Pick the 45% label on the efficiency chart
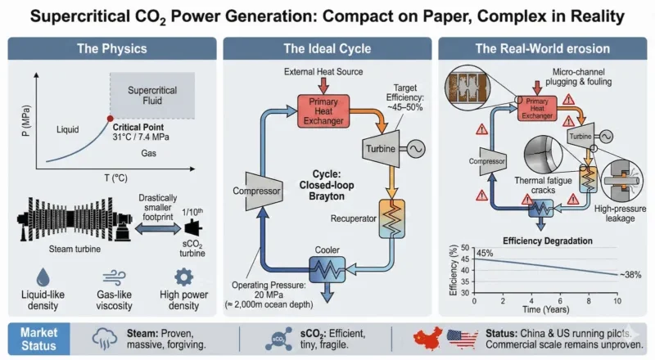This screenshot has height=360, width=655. pyautogui.click(x=486, y=253)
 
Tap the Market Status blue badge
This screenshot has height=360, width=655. pyautogui.click(x=42, y=338)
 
